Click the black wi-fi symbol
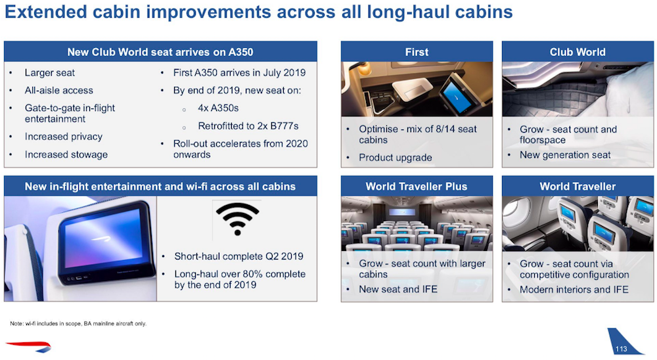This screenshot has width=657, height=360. coord(238,219)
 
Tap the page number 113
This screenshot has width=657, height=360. coord(621,349)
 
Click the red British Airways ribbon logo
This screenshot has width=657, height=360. coord(28,347)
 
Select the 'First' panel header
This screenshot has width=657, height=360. coord(417,52)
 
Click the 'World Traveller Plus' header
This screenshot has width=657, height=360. coord(417,187)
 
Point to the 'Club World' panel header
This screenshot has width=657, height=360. coord(578,52)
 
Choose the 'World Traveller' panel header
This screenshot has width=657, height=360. coord(578,187)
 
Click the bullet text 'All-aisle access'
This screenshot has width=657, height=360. coord(58,91)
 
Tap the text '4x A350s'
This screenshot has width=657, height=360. coord(218,108)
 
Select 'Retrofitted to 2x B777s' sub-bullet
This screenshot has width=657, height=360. coord(248,126)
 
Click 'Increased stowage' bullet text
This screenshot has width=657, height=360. coord(66,154)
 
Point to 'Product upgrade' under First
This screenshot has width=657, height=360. coord(395,158)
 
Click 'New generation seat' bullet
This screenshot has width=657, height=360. coord(565,155)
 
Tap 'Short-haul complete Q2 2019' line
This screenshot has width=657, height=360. coord(239,256)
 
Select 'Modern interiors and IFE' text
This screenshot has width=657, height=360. coord(574,290)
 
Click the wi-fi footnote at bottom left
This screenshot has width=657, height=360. coord(78,323)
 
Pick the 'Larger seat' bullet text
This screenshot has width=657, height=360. coord(49,73)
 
